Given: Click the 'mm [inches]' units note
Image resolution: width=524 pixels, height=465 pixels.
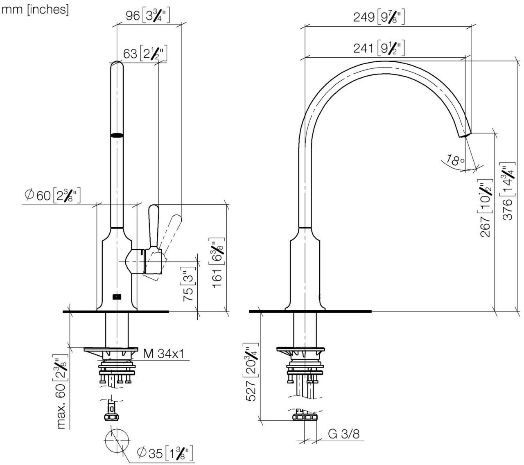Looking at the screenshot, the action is point(35,9).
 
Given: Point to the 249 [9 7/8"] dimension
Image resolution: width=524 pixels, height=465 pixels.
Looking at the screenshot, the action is point(379,17).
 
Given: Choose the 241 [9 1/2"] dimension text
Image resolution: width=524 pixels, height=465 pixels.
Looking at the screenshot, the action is point(379,48).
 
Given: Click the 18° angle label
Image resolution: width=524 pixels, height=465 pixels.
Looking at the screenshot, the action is point(455,160).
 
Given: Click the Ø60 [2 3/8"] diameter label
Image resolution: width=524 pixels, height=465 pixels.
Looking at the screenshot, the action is point(52,195).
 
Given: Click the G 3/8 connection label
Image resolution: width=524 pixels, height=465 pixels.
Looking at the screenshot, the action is point(344,433).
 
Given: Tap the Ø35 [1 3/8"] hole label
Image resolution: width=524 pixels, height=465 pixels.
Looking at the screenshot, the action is point(165,453).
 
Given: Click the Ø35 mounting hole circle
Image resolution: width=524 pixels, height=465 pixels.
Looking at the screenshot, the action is point(117,441).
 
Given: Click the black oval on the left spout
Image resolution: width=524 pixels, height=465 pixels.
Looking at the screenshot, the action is point(117,135).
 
